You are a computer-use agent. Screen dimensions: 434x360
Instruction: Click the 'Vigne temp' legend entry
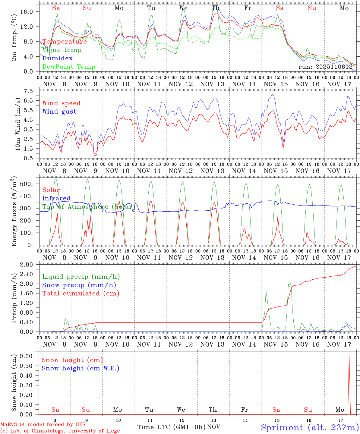click(62, 50)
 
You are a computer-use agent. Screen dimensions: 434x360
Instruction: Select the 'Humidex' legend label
click(57, 58)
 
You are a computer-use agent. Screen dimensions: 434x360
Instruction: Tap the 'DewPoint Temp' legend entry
click(69, 67)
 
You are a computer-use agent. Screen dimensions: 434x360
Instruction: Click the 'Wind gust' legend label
click(59, 112)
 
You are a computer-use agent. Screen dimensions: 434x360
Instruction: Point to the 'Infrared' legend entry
click(56, 198)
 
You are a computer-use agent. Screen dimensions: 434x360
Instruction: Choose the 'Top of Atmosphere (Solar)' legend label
click(89, 207)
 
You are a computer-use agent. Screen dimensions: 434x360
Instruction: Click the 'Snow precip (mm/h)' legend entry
click(79, 285)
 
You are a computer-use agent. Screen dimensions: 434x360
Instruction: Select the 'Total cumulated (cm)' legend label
click(81, 294)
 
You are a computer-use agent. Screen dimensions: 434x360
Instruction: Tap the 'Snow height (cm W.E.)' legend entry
click(81, 368)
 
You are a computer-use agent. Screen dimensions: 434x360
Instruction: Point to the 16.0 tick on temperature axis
click(30, 12)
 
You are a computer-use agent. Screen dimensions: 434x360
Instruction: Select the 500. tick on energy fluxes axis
click(30, 184)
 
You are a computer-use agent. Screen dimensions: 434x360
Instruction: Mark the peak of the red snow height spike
click(349, 356)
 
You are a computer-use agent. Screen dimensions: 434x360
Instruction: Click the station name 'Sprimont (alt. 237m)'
click(310, 427)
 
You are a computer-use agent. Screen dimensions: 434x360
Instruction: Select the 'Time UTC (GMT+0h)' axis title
click(171, 427)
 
